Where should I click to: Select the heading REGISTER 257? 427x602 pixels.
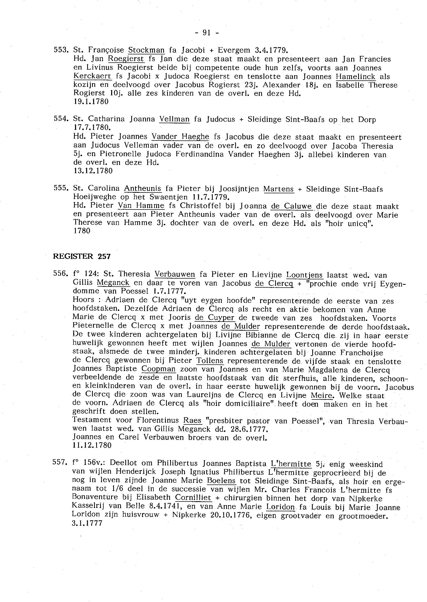point(82,256)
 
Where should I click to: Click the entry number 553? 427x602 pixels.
point(61,50)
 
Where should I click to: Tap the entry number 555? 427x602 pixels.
point(61,188)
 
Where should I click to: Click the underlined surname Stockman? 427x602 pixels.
point(146,50)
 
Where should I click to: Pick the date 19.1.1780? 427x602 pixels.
point(91,102)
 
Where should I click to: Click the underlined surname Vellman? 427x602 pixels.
point(174,119)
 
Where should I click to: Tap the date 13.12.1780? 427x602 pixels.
point(93,171)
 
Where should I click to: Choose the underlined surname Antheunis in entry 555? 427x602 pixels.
point(143,188)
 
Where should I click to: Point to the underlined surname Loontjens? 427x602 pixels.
point(304,275)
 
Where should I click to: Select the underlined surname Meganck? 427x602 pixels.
point(113,283)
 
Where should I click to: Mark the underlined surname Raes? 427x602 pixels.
point(192,421)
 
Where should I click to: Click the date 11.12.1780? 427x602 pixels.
point(92,445)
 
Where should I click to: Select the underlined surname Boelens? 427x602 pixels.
point(221,481)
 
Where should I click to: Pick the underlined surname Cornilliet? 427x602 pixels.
point(193,498)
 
